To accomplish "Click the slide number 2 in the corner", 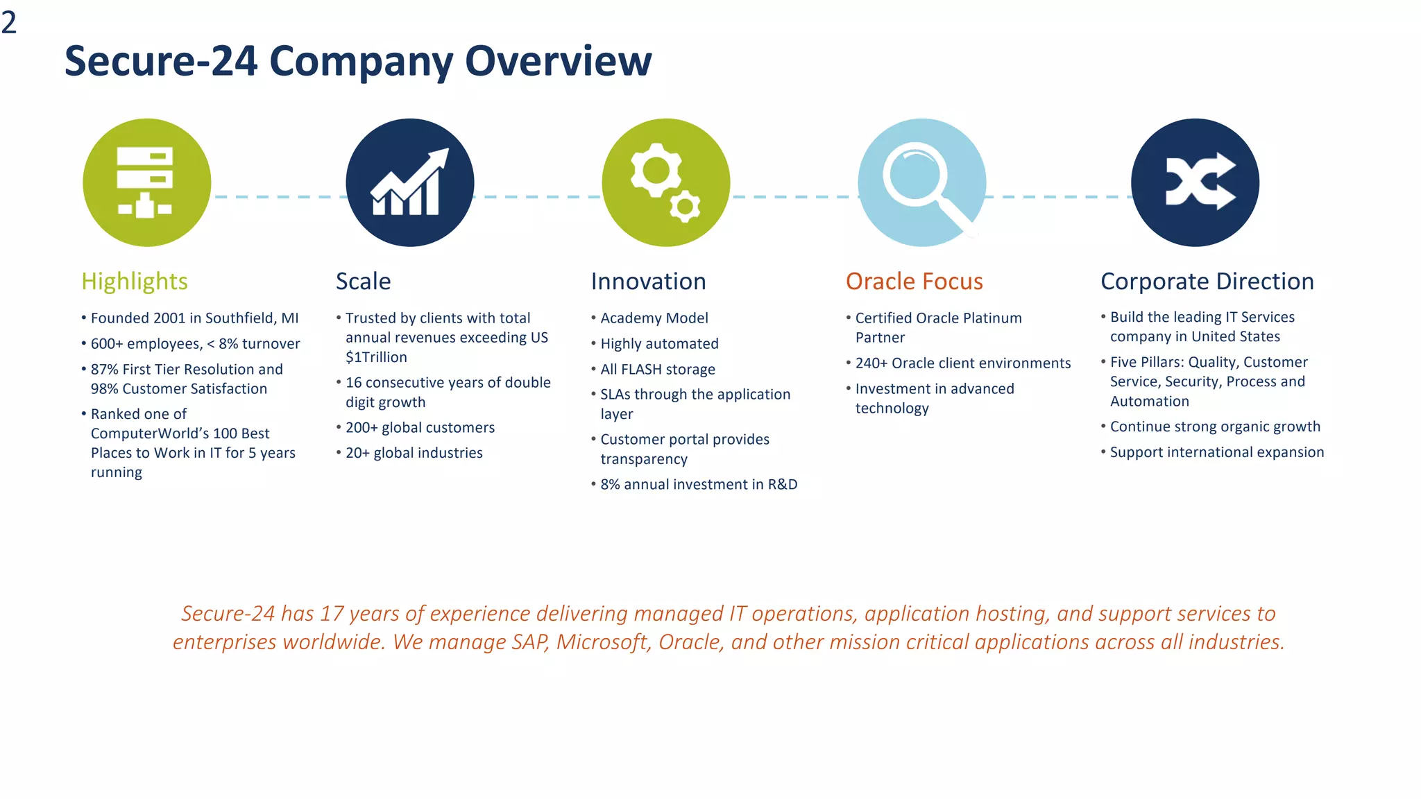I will tap(9, 23).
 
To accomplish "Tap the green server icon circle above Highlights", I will tap(146, 182).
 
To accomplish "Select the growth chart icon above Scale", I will tap(409, 182).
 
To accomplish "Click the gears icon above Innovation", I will tap(665, 182).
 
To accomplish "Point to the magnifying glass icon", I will tap(921, 182).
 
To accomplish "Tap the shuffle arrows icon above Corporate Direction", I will tap(1195, 182).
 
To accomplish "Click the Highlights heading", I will tap(135, 282).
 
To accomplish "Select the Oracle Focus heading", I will tap(914, 282).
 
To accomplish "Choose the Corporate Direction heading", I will tap(1207, 282).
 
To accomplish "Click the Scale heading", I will tap(363, 282).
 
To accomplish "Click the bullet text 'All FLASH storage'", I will tap(657, 370).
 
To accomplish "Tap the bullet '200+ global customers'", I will tap(420, 428).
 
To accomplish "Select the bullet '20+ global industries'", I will tap(414, 453).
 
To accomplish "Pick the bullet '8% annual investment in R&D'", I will tap(698, 485).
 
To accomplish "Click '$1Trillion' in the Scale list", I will tap(376, 357).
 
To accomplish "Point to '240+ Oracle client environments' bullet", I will tap(962, 363).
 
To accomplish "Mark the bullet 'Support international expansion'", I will tap(1216, 452).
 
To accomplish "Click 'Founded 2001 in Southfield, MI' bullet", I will tap(194, 318).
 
